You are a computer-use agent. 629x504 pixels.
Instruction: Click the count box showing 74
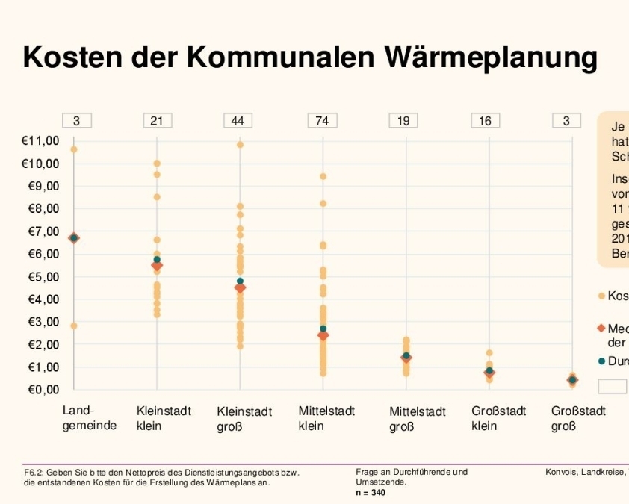322,120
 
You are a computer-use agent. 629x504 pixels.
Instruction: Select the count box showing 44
238,120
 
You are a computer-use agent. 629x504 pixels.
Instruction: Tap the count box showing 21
157,120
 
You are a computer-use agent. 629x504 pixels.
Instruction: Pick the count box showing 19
403,120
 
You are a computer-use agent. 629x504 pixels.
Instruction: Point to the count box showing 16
486,120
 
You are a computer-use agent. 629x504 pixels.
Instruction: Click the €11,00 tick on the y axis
40,140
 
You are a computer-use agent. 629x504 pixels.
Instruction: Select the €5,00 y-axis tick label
40,277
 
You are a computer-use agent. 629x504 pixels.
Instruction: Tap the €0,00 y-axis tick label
40,390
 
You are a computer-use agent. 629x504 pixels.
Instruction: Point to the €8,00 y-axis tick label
40,208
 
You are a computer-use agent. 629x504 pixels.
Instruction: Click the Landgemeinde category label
89,418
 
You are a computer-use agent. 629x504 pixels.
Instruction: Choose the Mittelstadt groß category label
418,419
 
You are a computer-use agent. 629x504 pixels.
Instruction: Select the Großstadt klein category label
499,418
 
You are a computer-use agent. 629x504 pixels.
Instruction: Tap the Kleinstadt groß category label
244,419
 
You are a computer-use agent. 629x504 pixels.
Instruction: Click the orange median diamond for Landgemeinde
74,238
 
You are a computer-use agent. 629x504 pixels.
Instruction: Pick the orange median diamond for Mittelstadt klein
323,336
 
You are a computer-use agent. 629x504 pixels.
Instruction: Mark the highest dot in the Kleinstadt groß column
240,145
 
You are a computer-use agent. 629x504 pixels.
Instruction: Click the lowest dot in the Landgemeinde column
74,326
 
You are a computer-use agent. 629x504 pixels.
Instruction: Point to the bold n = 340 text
371,493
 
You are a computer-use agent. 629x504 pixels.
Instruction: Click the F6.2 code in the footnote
33,473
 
